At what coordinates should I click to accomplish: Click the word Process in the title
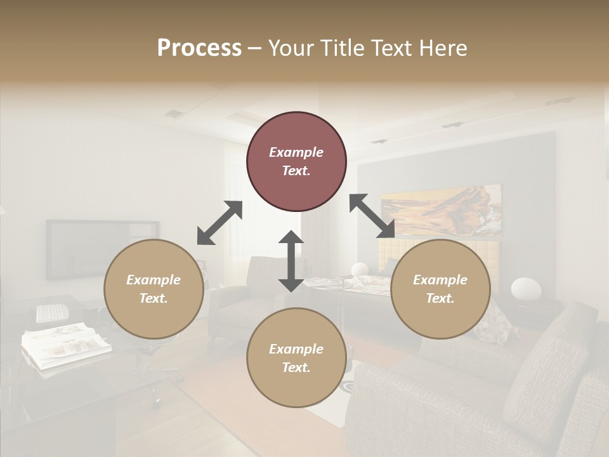click(199, 48)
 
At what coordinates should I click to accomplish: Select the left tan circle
click(154, 289)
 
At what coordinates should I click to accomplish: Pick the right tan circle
click(440, 289)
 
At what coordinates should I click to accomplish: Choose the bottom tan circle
click(296, 357)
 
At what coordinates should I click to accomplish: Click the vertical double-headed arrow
click(291, 261)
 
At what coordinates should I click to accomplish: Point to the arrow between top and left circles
click(219, 223)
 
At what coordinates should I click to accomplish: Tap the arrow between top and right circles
click(372, 216)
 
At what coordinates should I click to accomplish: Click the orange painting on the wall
click(440, 209)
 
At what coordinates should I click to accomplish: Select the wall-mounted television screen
click(101, 249)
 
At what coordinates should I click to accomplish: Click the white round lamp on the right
click(526, 289)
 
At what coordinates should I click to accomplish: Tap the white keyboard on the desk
click(52, 312)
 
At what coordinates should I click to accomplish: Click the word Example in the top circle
click(296, 152)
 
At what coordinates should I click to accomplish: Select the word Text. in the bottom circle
click(296, 368)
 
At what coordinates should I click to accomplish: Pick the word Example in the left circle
click(154, 280)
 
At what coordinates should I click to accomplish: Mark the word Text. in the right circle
click(440, 298)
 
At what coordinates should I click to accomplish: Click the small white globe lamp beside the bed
click(360, 269)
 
